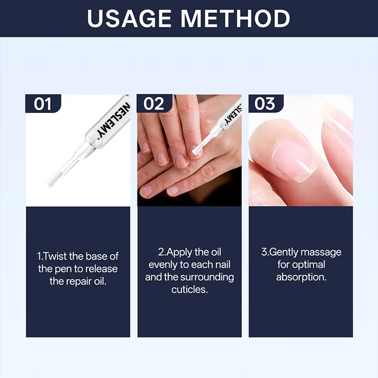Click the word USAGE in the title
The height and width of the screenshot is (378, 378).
pyautogui.click(x=129, y=18)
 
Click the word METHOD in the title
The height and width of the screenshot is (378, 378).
pyautogui.click(x=235, y=18)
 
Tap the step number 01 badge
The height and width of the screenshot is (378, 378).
pyautogui.click(x=43, y=103)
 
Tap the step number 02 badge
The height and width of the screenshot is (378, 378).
pyautogui.click(x=155, y=103)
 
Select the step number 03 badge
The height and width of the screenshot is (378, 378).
pyautogui.click(x=266, y=103)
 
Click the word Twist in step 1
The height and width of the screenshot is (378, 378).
pyautogui.click(x=55, y=256)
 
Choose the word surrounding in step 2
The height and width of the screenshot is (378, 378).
pyautogui.click(x=207, y=277)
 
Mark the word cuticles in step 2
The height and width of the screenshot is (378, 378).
pyautogui.click(x=189, y=290)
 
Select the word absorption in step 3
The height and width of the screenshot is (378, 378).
pyautogui.click(x=301, y=277)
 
